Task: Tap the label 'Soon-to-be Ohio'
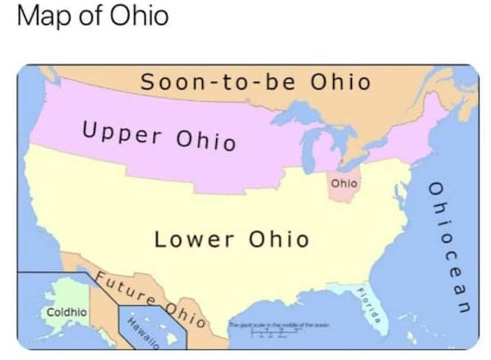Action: [x=255, y=83]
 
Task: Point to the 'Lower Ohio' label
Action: [x=232, y=240]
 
